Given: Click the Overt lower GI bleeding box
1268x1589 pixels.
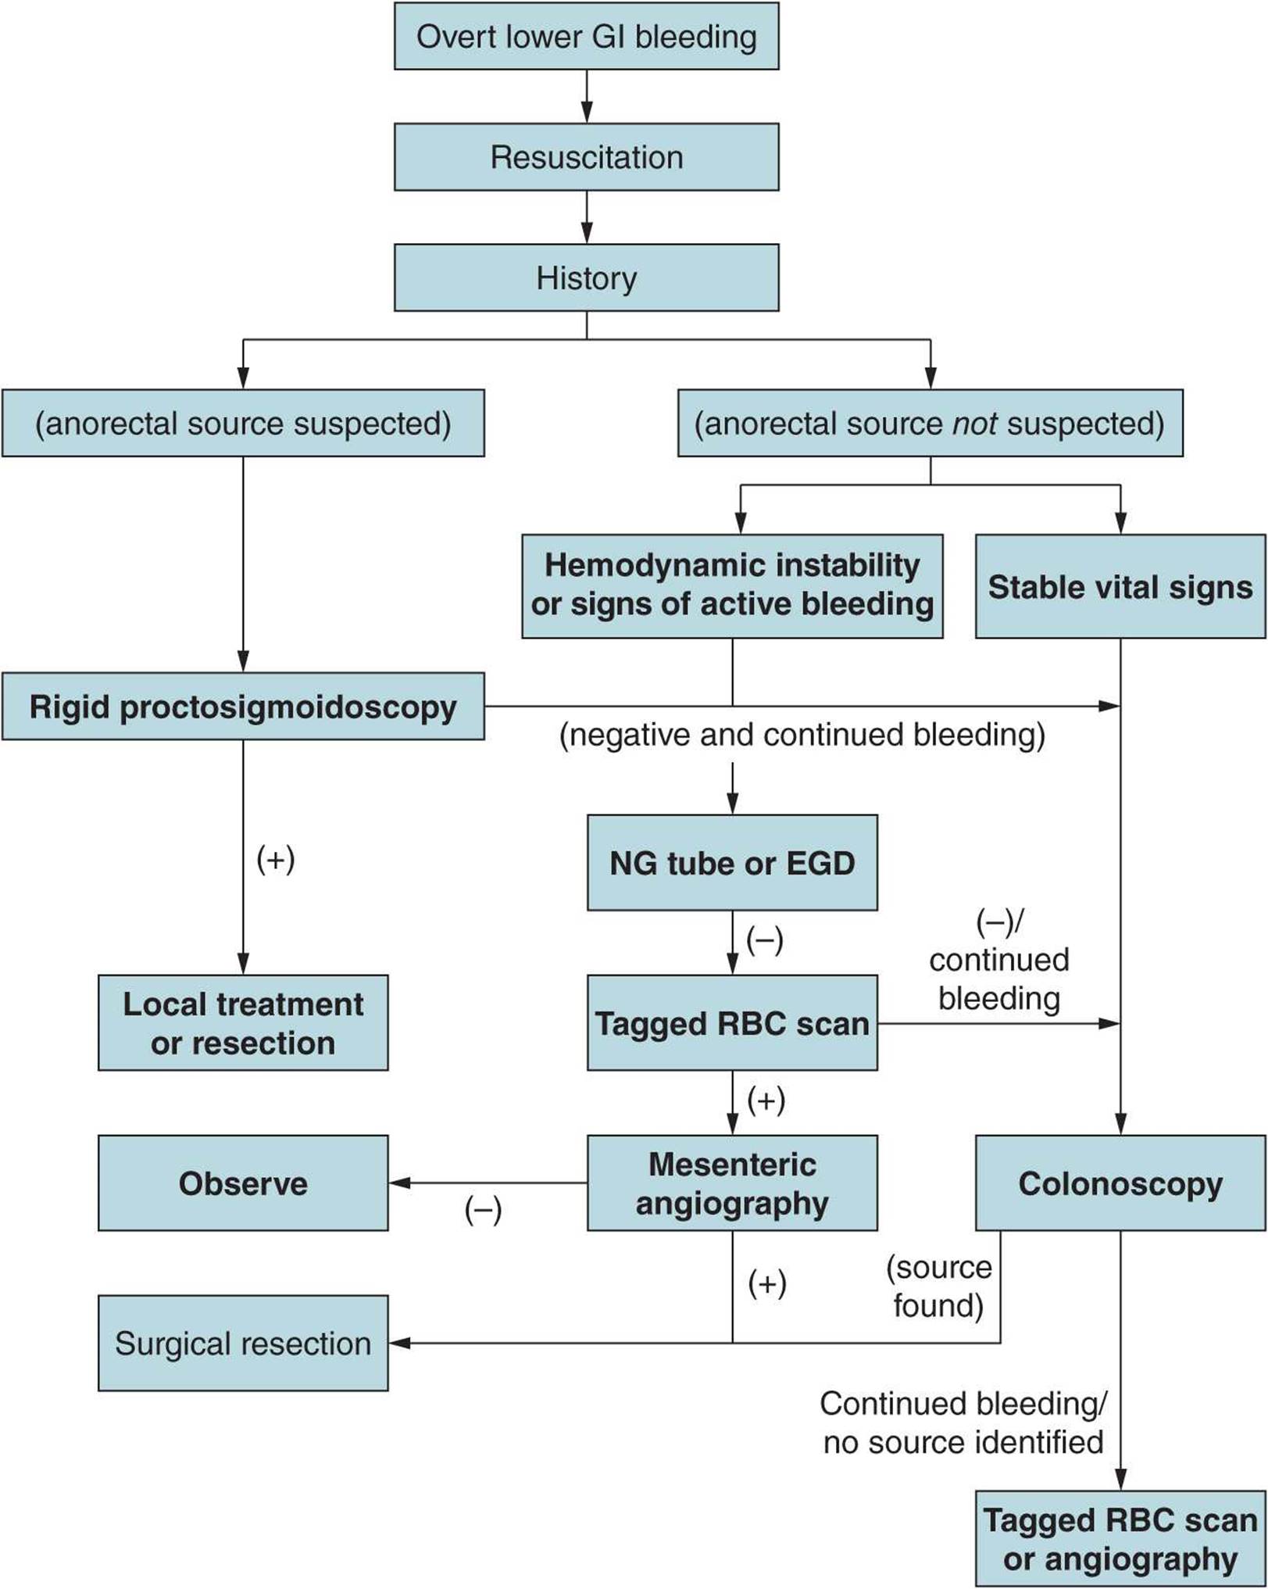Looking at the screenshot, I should click(586, 37).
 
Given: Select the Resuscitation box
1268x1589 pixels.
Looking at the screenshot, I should click(586, 157).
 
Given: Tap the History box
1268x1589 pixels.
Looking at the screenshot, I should click(586, 277).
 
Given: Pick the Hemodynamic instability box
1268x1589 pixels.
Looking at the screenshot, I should click(732, 585).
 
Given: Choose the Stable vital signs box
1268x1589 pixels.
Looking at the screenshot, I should click(1120, 586).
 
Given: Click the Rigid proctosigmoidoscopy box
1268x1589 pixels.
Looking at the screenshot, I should click(243, 707).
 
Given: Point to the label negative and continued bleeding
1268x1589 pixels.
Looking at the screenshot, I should click(802, 735).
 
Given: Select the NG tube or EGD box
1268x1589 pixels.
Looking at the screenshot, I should click(732, 863).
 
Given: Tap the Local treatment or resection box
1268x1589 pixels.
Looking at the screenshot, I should click(243, 1022).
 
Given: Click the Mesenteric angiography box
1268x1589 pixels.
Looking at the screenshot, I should click(732, 1183).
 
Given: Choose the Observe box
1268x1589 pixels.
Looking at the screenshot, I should click(243, 1183).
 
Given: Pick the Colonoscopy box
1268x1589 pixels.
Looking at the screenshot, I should click(1120, 1183).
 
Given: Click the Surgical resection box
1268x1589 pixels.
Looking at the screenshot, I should click(243, 1344).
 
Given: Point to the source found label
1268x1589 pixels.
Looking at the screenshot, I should click(938, 1287).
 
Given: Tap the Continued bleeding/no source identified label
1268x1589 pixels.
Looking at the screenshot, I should click(963, 1423).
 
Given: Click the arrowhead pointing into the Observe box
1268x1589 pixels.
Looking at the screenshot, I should click(399, 1183).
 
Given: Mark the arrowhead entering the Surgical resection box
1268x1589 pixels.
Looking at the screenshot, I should click(399, 1344).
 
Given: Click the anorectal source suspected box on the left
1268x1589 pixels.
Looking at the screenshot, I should click(243, 424).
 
